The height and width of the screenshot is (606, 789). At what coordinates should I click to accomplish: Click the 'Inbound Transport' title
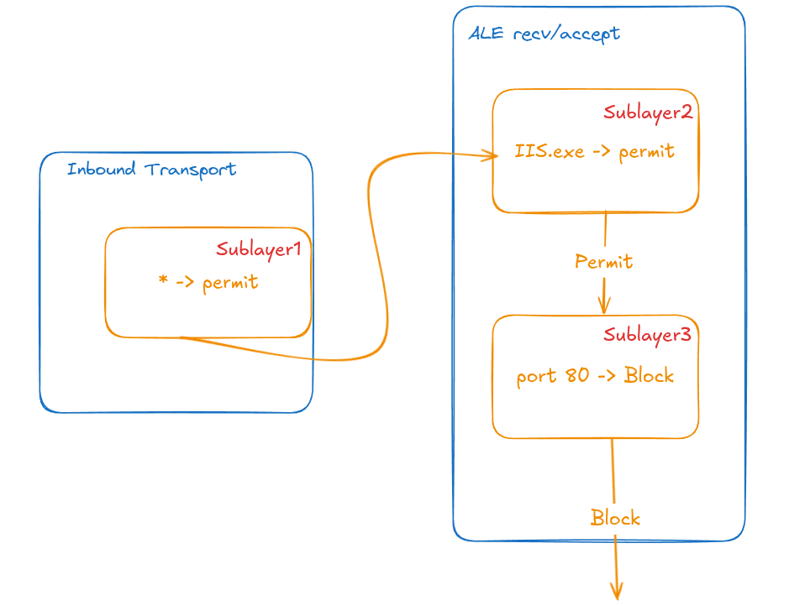point(151,170)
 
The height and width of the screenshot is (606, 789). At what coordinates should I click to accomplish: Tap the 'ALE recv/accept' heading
point(544,34)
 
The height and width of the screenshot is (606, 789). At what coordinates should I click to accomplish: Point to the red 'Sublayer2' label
point(648,112)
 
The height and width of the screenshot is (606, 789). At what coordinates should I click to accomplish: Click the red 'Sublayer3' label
point(647,335)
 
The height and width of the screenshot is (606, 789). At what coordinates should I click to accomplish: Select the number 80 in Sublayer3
point(577,375)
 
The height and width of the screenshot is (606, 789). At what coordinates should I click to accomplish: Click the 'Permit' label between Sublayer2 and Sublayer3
point(603,262)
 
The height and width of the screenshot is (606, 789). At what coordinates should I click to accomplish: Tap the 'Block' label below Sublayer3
point(615,518)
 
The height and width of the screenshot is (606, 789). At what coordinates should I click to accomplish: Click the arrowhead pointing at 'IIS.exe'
point(491,154)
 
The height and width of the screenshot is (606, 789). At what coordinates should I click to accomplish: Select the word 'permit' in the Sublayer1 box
point(230,283)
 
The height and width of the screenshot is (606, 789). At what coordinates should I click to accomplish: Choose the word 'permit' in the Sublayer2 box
point(646,153)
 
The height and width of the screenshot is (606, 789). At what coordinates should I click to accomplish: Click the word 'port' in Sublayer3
point(536,376)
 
